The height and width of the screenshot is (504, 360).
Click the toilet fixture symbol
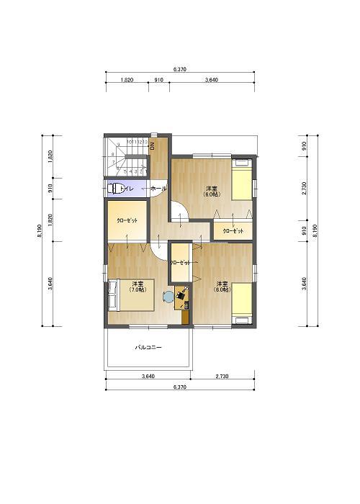pos(116,189)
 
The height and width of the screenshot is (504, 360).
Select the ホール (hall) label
pos(158,189)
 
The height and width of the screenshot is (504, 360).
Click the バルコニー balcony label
pos(148,348)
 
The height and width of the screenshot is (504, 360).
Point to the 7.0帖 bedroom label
pos(137,287)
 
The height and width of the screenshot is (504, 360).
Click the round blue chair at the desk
pos(168,294)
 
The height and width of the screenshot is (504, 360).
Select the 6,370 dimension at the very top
pos(180,69)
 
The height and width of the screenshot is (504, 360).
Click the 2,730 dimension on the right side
pos(305,187)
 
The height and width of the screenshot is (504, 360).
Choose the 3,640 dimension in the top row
pos(212,81)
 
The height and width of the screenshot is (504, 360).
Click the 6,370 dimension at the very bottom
pos(180,387)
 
